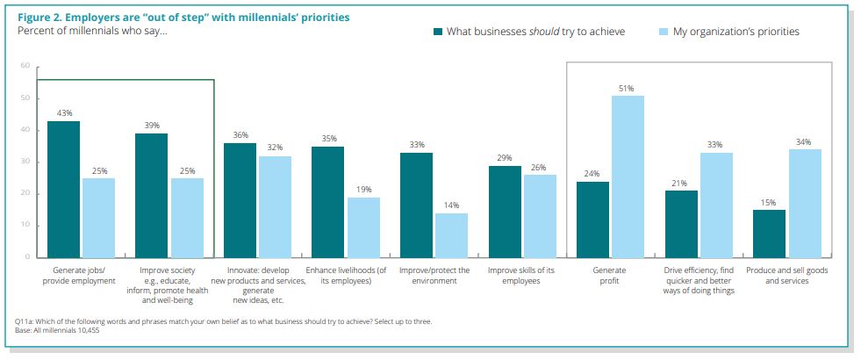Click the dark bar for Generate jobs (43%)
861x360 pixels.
coord(63,189)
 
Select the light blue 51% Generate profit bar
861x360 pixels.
coord(628,176)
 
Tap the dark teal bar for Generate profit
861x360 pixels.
coord(592,220)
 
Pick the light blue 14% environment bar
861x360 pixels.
coord(451,234)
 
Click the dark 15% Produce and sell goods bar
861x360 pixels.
coord(768,234)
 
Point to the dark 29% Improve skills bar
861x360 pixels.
coord(505,211)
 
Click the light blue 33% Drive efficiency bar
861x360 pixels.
coord(715,205)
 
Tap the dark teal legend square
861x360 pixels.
coord(437,32)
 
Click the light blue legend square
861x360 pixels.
coord(664,32)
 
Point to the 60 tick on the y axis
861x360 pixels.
coord(25,66)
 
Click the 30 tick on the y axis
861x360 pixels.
coord(25,162)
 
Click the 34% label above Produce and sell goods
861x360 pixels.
coord(804,142)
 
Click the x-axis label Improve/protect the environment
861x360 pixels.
coord(434,276)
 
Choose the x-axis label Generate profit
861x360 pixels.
coord(609,276)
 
